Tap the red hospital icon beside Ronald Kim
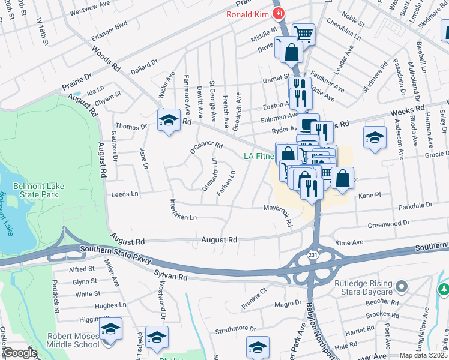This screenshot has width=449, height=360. [x=277, y=14]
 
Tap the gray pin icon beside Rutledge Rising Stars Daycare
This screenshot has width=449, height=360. [x=402, y=285]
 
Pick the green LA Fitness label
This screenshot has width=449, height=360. [x=259, y=157]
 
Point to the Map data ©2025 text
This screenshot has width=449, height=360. [x=423, y=355]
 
